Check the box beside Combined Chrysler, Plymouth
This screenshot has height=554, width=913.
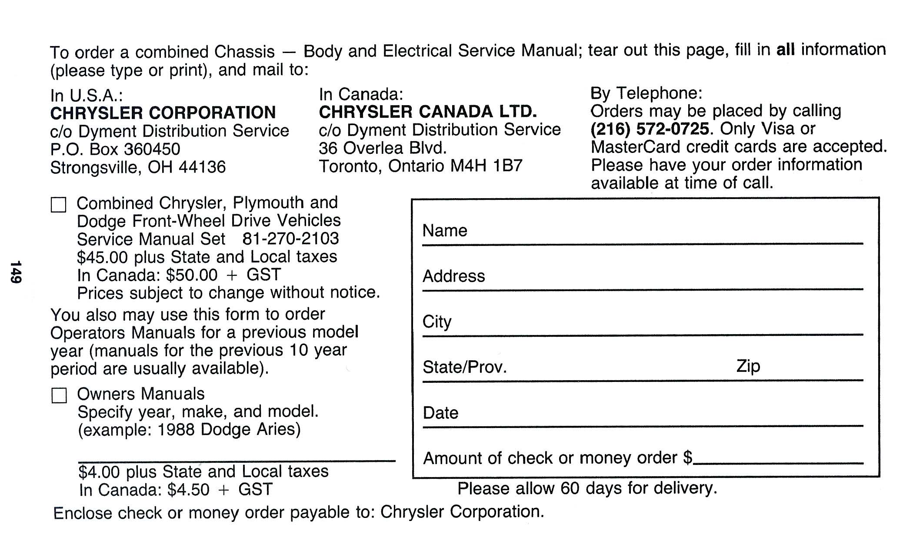point(59,205)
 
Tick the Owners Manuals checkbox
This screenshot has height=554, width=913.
point(59,395)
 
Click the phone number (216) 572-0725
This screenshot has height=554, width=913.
point(650,129)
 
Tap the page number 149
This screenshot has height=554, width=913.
point(16,272)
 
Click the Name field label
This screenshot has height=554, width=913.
point(445,231)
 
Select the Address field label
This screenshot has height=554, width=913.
point(453,276)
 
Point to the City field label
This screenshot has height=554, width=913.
point(437,322)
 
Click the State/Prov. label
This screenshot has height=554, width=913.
point(465,368)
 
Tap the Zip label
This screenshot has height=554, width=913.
point(748,366)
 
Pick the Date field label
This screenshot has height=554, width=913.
point(440,413)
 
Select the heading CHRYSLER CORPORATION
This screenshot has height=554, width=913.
point(163,113)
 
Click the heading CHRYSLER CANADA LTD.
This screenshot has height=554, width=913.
point(428,112)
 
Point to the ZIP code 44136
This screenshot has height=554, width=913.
point(202,167)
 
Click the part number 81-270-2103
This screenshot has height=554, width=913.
point(290,239)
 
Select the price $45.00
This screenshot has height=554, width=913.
point(103,257)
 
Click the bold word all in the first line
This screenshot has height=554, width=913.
point(785,50)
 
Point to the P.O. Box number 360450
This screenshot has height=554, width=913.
point(152,149)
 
